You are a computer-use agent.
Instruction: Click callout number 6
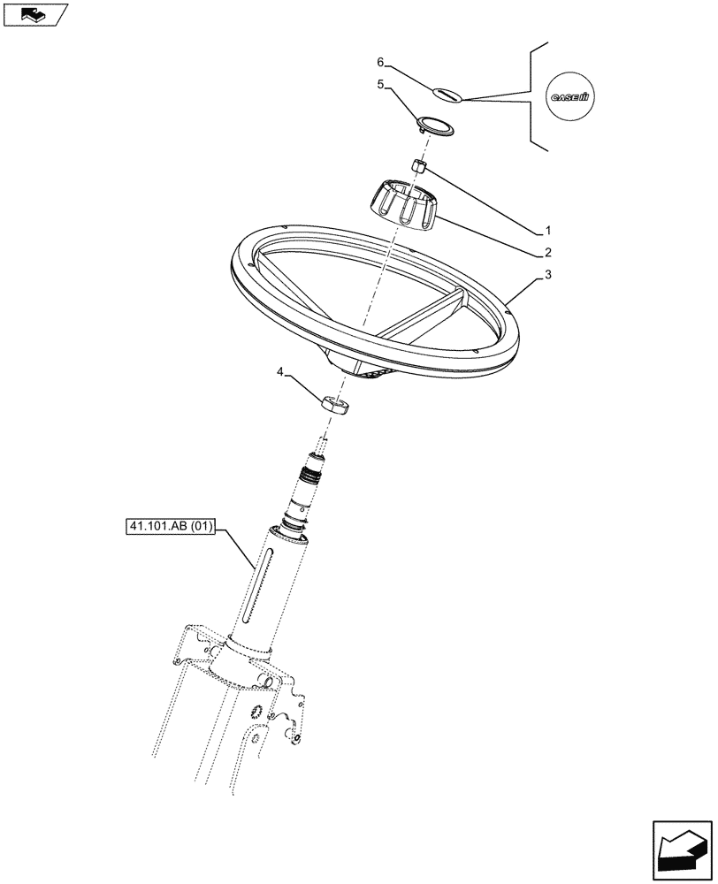click(x=380, y=62)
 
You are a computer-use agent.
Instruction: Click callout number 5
click(x=380, y=86)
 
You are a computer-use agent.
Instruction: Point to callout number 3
click(x=547, y=275)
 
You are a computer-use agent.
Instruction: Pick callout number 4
click(x=281, y=376)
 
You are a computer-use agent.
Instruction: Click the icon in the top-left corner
click(x=34, y=14)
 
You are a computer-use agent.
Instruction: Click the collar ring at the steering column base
click(x=249, y=648)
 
